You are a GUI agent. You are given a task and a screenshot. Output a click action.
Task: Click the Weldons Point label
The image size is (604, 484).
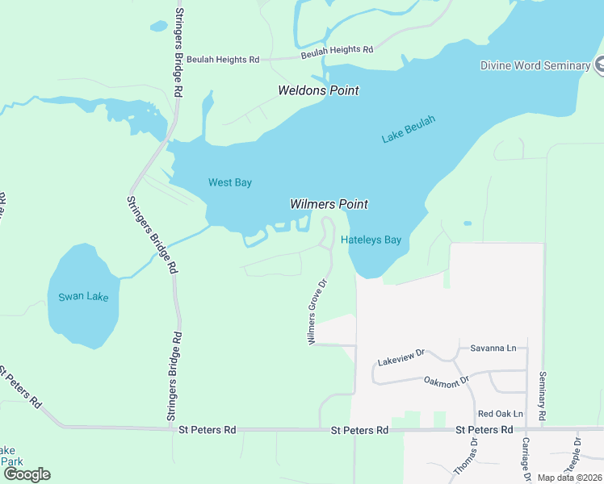pos(318,90)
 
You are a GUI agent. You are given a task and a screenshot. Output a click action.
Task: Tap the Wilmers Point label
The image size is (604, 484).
pos(329,204)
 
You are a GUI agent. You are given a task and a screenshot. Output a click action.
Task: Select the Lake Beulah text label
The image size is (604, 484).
pos(408,130)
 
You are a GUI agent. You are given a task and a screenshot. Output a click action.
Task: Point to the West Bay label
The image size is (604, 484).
pos(230,182)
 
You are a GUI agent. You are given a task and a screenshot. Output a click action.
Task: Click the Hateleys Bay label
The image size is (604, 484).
pos(371,240)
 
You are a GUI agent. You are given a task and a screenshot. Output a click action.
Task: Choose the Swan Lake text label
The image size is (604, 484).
pos(82,297)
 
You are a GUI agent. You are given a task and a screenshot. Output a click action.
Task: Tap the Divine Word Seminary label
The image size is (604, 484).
pos(535,65)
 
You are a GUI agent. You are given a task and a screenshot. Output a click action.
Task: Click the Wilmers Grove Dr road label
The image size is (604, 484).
pos(316,312)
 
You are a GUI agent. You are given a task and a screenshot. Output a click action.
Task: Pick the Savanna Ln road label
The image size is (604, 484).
pos(493,348)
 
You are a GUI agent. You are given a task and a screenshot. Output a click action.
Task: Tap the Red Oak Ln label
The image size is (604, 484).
pos(500,414)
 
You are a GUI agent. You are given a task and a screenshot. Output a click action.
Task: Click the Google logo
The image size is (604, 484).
pos(27,474)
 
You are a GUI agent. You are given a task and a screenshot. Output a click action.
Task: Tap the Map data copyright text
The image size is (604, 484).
pos(569,478)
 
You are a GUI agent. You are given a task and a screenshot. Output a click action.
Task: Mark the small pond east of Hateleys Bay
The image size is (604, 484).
pos(468,223)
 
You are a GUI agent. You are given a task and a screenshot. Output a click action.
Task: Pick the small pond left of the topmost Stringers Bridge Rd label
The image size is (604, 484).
pos(158,26)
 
